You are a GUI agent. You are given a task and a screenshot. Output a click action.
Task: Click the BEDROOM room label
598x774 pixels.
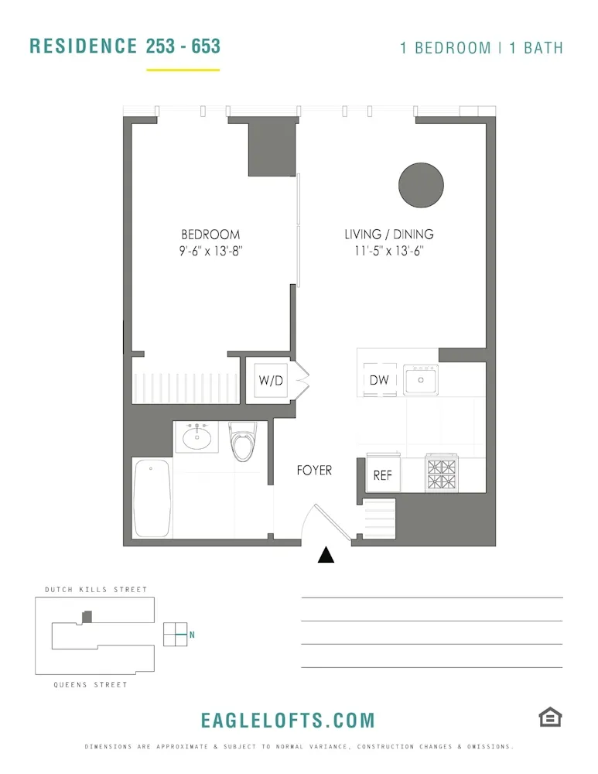(210, 235)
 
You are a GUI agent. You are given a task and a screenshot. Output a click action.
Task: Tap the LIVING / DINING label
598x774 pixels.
(389, 235)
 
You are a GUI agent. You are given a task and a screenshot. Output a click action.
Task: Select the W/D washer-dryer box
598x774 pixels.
(270, 380)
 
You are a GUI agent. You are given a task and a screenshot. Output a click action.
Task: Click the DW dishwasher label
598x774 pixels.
(379, 380)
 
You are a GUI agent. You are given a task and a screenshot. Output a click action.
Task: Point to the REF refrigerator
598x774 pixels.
(383, 475)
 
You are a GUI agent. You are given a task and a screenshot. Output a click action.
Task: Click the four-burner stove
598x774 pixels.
(443, 474)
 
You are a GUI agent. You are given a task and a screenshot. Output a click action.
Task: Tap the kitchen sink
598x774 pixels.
(420, 379)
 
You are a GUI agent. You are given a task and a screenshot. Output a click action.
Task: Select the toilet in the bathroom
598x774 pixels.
(243, 442)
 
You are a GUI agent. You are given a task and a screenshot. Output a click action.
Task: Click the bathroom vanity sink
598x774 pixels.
(197, 437)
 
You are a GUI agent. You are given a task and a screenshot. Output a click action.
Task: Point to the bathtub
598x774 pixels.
(152, 498)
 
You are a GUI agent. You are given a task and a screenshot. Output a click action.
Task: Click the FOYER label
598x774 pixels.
(314, 471)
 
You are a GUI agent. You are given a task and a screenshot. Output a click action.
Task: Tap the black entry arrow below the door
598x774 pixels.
(326, 555)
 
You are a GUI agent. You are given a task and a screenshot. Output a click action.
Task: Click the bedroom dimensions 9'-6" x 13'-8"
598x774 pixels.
(210, 251)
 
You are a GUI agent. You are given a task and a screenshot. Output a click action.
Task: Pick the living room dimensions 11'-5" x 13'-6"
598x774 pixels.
(389, 251)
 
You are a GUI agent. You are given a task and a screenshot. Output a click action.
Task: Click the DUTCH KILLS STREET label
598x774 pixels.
(96, 590)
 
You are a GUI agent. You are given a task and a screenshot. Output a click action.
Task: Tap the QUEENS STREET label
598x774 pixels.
(91, 685)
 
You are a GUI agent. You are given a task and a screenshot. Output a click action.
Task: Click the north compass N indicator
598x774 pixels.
(191, 635)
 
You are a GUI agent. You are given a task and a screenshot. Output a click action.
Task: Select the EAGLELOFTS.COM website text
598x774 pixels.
(288, 721)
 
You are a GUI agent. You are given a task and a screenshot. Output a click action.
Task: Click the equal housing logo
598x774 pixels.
(550, 717)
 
